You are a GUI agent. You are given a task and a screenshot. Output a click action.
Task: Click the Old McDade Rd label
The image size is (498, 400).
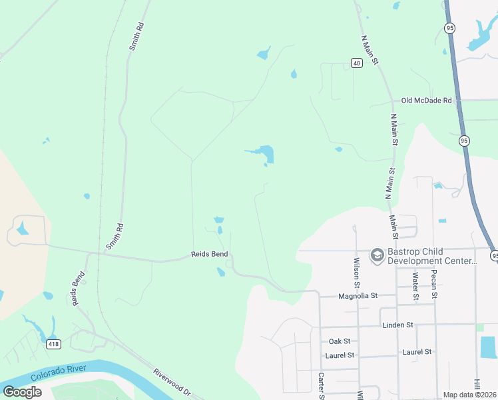[x=426, y=101]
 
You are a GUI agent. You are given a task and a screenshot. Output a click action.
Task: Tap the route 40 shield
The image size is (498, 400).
[x=357, y=63]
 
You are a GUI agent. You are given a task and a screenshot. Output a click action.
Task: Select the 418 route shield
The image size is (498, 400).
[x=53, y=344]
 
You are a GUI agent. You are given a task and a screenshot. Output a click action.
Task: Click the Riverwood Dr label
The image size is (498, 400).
[x=172, y=382]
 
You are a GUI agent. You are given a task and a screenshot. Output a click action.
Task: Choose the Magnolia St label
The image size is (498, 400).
[x=358, y=295]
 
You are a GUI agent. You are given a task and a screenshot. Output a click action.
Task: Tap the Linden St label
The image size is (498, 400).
[x=398, y=325]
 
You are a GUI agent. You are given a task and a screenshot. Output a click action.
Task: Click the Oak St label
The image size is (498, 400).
[x=340, y=341]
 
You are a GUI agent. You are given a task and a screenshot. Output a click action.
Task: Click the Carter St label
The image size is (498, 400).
[x=320, y=385]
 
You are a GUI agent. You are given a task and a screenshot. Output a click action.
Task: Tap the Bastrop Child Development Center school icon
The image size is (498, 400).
[x=377, y=255]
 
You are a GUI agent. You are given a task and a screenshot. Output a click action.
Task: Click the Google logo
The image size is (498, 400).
[x=22, y=391]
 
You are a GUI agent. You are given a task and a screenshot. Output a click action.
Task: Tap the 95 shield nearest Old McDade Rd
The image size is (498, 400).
[x=463, y=141]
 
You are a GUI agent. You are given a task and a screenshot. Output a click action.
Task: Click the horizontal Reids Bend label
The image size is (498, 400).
[x=210, y=254]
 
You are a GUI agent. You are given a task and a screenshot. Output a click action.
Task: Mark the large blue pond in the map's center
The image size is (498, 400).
[x=266, y=153]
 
